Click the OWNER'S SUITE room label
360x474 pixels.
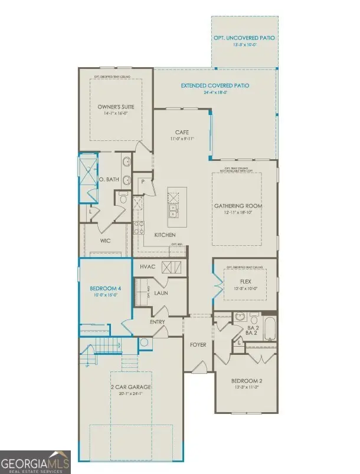click(116, 107)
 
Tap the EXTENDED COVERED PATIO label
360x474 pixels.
click(215, 85)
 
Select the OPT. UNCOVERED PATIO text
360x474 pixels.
click(244, 38)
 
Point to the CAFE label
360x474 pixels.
click(181, 132)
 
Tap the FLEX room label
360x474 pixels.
click(246, 281)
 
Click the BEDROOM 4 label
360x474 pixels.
click(106, 288)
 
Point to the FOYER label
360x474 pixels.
click(198, 344)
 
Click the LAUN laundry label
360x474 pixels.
click(162, 292)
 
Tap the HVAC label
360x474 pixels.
click(147, 267)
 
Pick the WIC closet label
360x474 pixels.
click(106, 241)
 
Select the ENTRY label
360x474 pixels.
click(157, 322)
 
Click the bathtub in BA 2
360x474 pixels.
click(270, 329)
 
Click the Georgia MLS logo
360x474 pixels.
click(35, 462)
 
